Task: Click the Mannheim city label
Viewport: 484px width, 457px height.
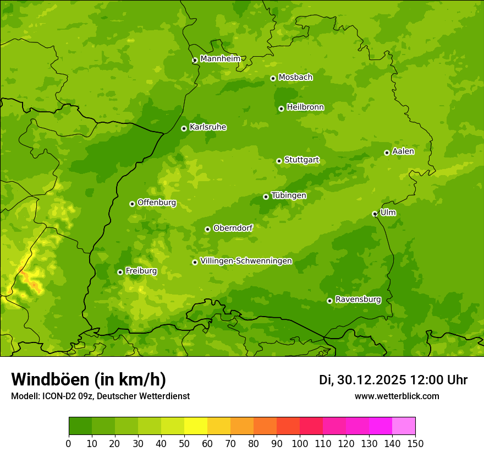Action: [x=220, y=59]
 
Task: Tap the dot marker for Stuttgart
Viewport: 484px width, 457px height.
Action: [x=279, y=161]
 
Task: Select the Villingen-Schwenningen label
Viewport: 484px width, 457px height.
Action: [x=246, y=261]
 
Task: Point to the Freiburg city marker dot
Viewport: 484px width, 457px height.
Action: [x=120, y=272]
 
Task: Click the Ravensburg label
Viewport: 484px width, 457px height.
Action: [x=358, y=300]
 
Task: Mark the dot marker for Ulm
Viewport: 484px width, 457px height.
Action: [x=375, y=214]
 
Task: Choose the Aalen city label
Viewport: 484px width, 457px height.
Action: [x=403, y=151]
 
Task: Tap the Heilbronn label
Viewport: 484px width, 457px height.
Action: [x=305, y=107]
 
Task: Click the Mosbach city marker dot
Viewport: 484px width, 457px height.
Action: [x=273, y=78]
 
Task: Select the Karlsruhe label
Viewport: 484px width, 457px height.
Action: [x=208, y=127]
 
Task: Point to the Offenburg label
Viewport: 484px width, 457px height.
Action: [x=157, y=203]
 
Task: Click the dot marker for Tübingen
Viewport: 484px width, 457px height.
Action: [x=266, y=197]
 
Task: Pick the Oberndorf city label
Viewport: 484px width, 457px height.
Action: [x=233, y=228]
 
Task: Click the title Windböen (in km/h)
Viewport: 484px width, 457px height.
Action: [x=88, y=379]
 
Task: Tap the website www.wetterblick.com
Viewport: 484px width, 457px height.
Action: [x=397, y=396]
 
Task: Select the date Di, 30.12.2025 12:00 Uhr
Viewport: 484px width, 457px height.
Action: [x=393, y=380]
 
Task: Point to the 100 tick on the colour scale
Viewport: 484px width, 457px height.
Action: [x=299, y=444]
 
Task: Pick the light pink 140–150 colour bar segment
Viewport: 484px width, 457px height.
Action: [x=404, y=426]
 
